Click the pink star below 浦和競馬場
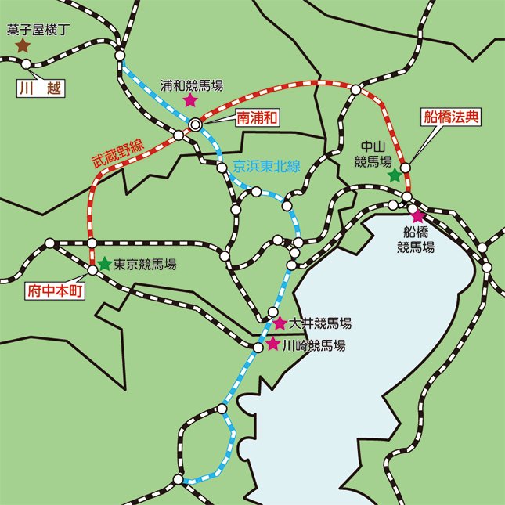(189, 100)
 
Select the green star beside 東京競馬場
(104, 264)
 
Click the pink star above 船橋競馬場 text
(417, 215)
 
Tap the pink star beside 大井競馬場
(280, 323)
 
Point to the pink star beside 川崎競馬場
(272, 344)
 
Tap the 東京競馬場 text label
(145, 265)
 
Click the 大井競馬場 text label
(319, 323)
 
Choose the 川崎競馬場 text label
(314, 344)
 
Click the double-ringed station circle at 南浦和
(196, 124)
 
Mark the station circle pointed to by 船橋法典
(406, 167)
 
